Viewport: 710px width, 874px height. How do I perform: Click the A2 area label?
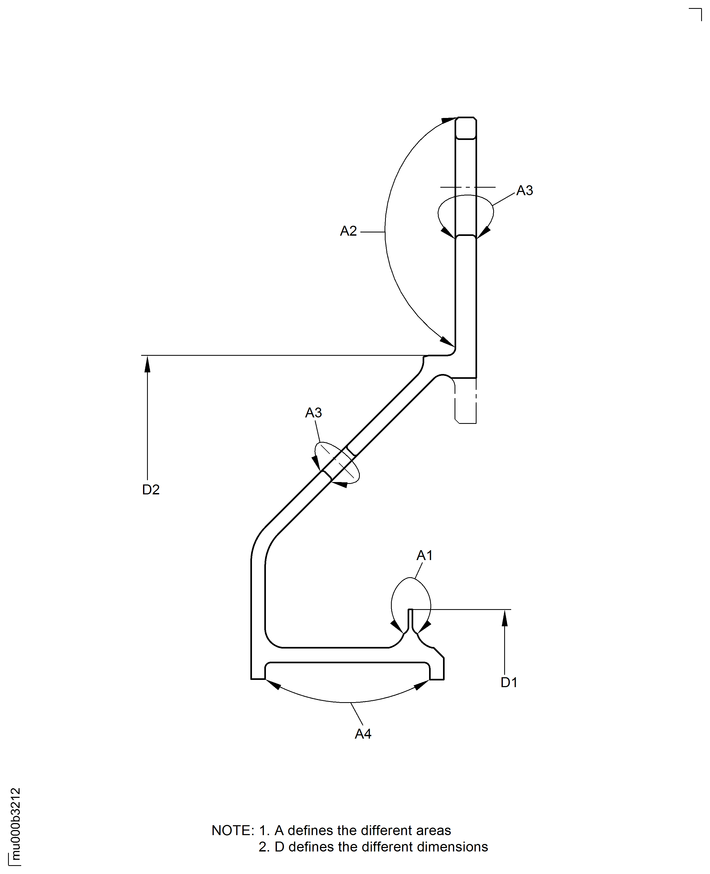coord(348,231)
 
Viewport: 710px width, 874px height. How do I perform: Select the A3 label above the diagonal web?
coord(313,413)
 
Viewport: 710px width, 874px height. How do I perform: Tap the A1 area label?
coord(424,555)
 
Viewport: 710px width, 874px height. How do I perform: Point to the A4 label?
coord(363,734)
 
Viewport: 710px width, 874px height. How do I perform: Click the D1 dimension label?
coord(509,682)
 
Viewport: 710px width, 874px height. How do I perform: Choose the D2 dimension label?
coord(151,490)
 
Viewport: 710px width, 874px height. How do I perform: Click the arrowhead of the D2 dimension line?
coord(147,364)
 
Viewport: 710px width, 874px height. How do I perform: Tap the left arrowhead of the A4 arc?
coord(273,684)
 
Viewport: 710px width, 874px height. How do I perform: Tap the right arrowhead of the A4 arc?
coord(421,685)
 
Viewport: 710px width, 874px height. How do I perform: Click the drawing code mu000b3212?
coord(15,824)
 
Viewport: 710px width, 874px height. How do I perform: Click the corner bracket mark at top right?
coord(697,13)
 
